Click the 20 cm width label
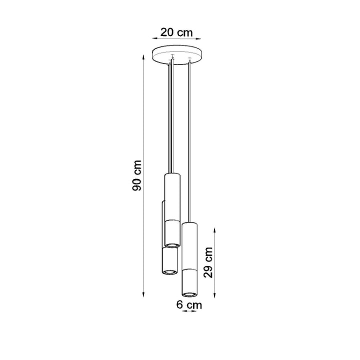(176, 31)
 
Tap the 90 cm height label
(137, 175)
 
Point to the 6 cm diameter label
(189, 304)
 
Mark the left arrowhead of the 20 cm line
(155, 38)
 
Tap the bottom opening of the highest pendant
(172, 244)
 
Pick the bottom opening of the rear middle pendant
(168, 271)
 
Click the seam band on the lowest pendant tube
(189, 269)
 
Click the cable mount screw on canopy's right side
(189, 59)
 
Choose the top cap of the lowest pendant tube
(189, 223)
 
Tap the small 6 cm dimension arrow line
(189, 312)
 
